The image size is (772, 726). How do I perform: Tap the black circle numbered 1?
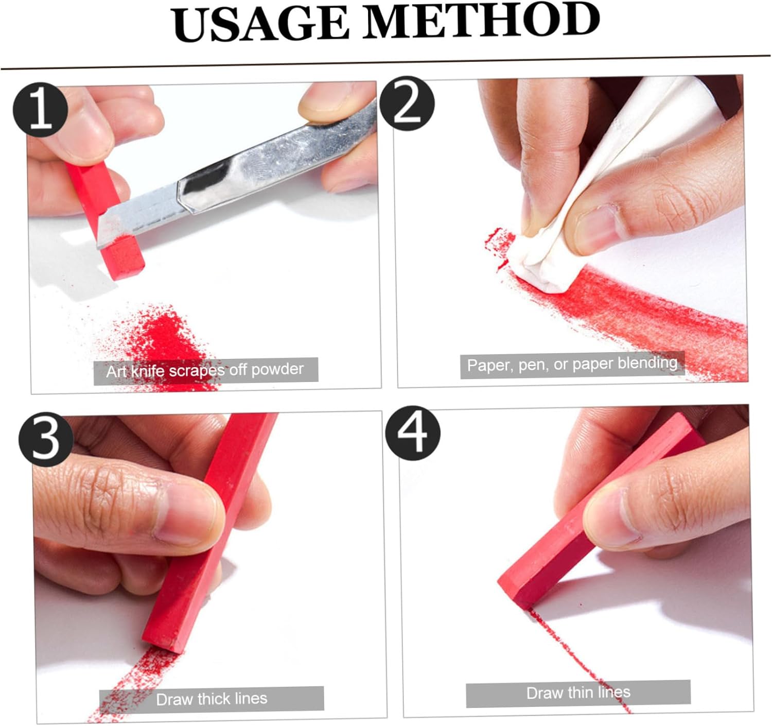[40, 109]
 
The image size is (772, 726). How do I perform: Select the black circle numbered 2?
[407, 103]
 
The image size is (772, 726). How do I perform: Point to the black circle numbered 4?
[412, 434]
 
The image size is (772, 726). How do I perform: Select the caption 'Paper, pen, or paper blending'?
[572, 365]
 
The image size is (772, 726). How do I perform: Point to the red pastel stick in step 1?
[105, 220]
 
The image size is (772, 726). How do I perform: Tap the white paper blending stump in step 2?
[606, 187]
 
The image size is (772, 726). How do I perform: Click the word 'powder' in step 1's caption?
[277, 369]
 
